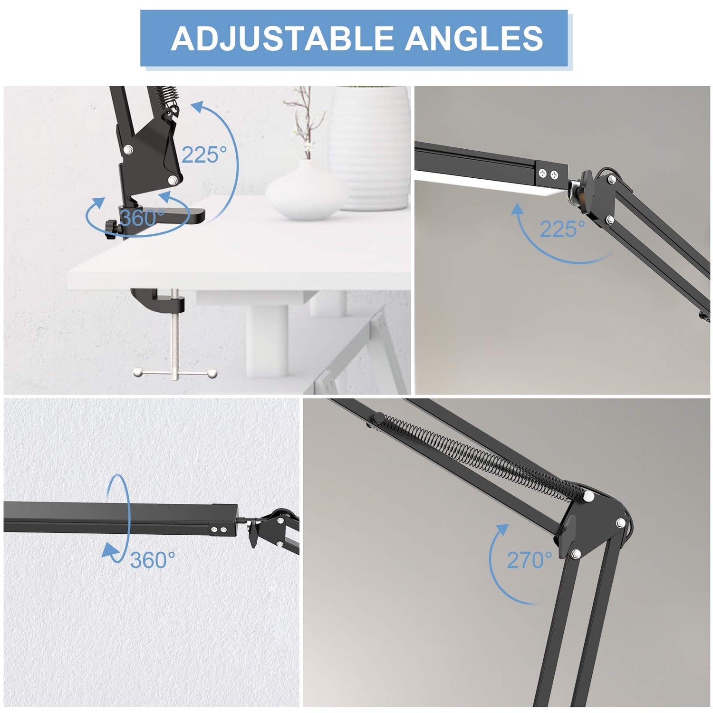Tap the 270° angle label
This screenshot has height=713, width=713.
[x=529, y=560]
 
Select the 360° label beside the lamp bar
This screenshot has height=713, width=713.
[x=152, y=560]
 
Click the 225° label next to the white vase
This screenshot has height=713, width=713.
[x=204, y=154]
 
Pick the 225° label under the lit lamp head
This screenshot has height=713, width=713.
[x=562, y=230]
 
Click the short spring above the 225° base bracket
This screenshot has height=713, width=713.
[x=164, y=97]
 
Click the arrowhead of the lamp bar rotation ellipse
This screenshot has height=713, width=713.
[x=110, y=551]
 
